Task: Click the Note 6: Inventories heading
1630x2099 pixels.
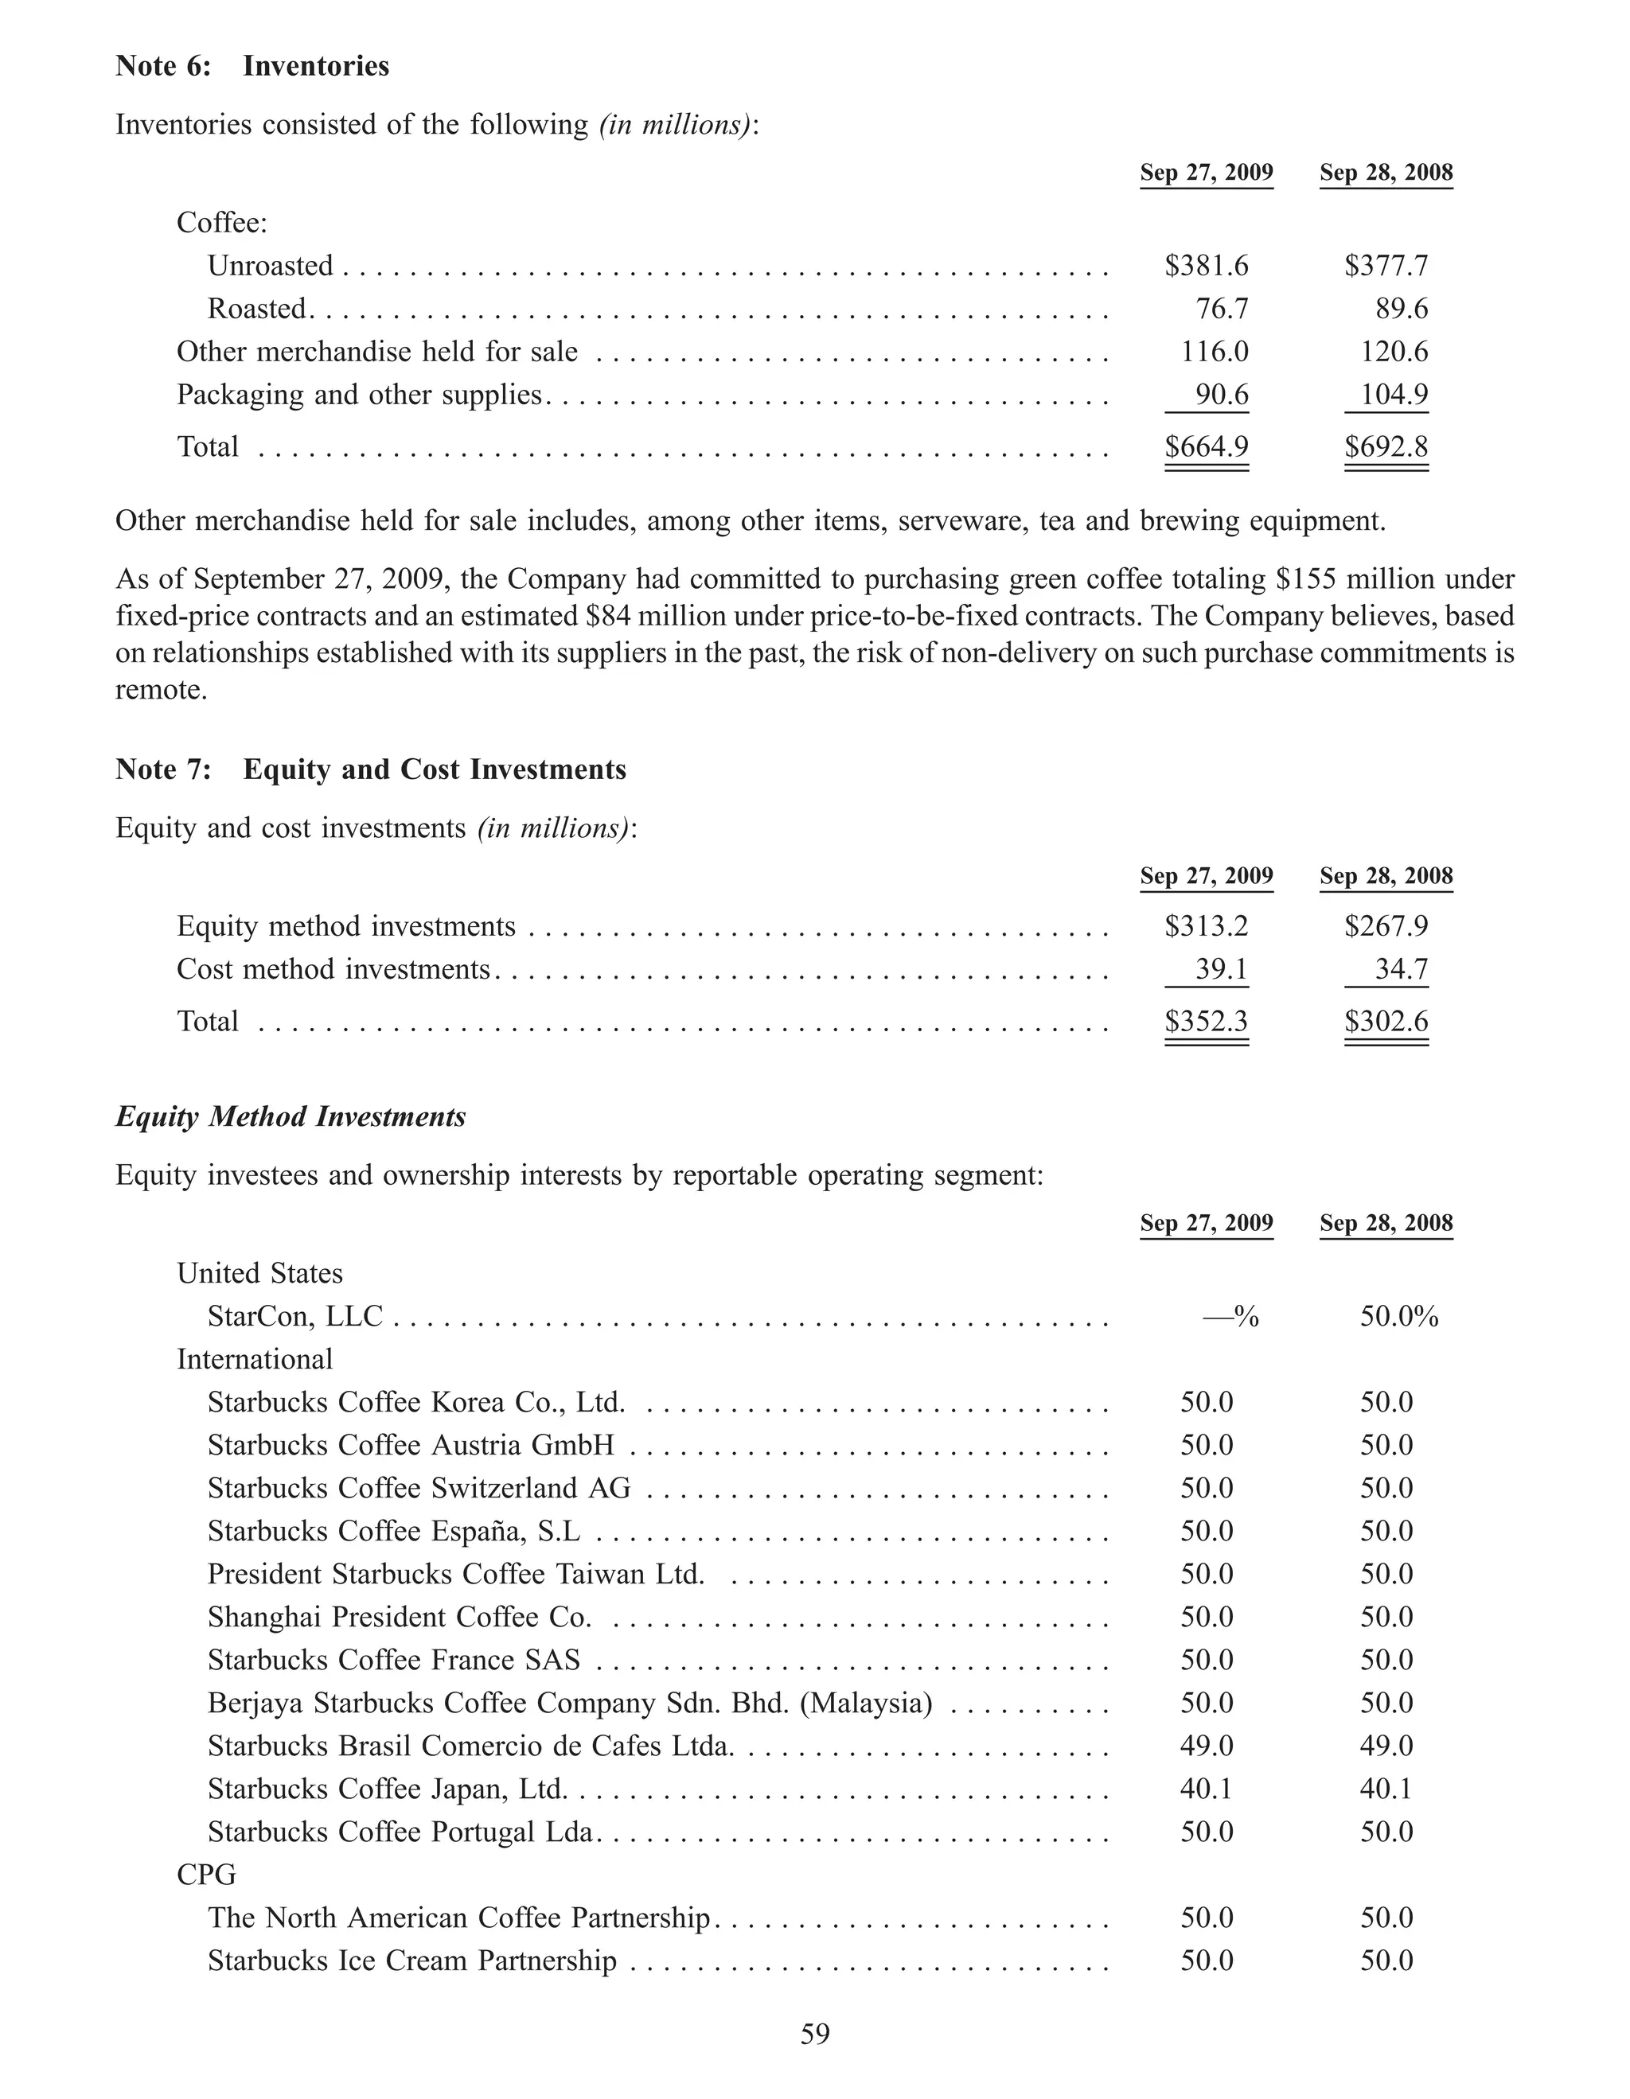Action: pos(252,65)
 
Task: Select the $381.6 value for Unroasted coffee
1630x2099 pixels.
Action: pos(1206,265)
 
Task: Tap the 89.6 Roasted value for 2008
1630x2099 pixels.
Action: pos(1402,309)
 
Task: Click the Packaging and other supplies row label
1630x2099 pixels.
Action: pos(360,394)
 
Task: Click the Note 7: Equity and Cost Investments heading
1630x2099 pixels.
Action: pos(370,769)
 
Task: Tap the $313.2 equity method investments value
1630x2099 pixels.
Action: pos(1206,925)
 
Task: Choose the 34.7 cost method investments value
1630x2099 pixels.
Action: pos(1402,969)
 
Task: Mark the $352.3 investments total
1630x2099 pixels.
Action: pos(1206,1021)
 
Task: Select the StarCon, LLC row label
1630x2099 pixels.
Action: pos(295,1316)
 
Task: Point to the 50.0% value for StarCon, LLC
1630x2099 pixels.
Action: pos(1398,1316)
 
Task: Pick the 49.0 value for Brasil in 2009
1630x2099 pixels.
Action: pos(1206,1746)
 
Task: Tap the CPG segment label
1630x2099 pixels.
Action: pos(205,1874)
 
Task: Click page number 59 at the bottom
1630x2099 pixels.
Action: pos(815,2034)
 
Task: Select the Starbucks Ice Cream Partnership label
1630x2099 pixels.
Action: pos(411,1961)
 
